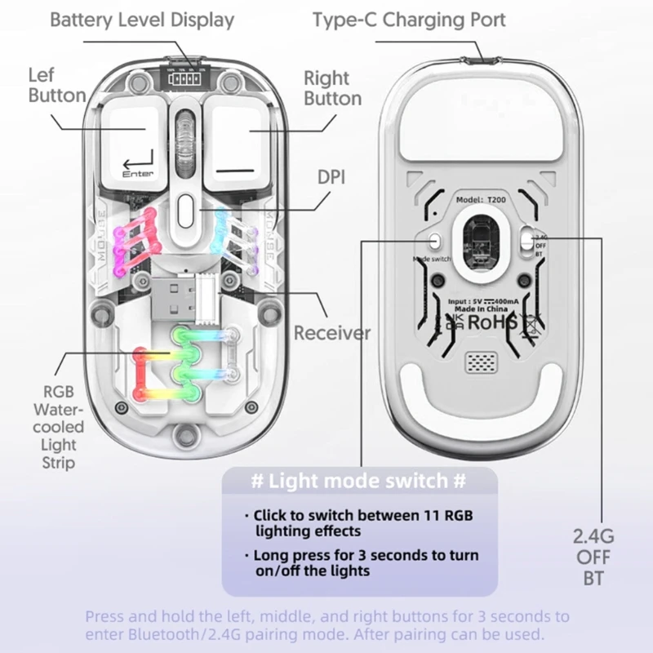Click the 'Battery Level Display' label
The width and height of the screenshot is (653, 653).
pyautogui.click(x=142, y=20)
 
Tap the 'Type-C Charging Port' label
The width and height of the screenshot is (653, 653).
pyautogui.click(x=409, y=20)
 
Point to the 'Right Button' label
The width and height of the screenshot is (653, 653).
pyautogui.click(x=332, y=88)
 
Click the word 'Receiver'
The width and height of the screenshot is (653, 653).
pyautogui.click(x=331, y=333)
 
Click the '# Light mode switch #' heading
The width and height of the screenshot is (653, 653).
pyautogui.click(x=359, y=481)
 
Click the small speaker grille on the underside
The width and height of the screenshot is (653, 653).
pyautogui.click(x=481, y=362)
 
